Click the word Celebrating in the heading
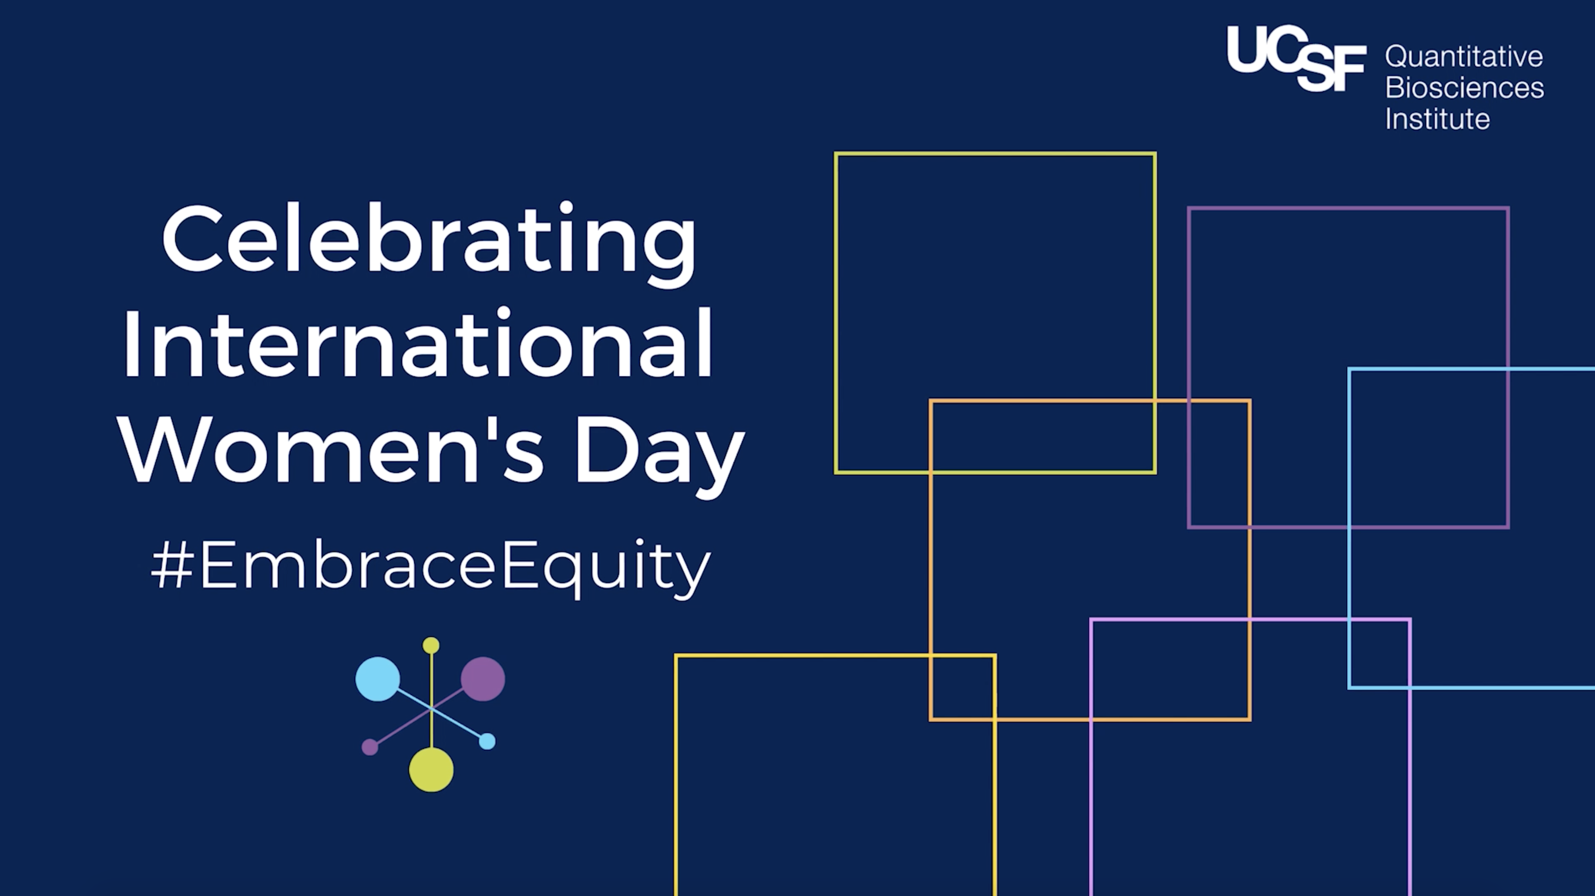[429, 243]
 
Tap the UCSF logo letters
[1297, 59]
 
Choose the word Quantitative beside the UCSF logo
[1464, 57]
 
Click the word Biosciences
[1464, 87]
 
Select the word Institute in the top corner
[1437, 118]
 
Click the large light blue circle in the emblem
[378, 679]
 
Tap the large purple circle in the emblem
[483, 679]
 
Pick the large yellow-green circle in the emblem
[431, 770]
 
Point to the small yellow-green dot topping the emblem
[431, 646]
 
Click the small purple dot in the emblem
[369, 747]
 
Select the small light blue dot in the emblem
[487, 741]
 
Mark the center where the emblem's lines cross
[431, 709]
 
